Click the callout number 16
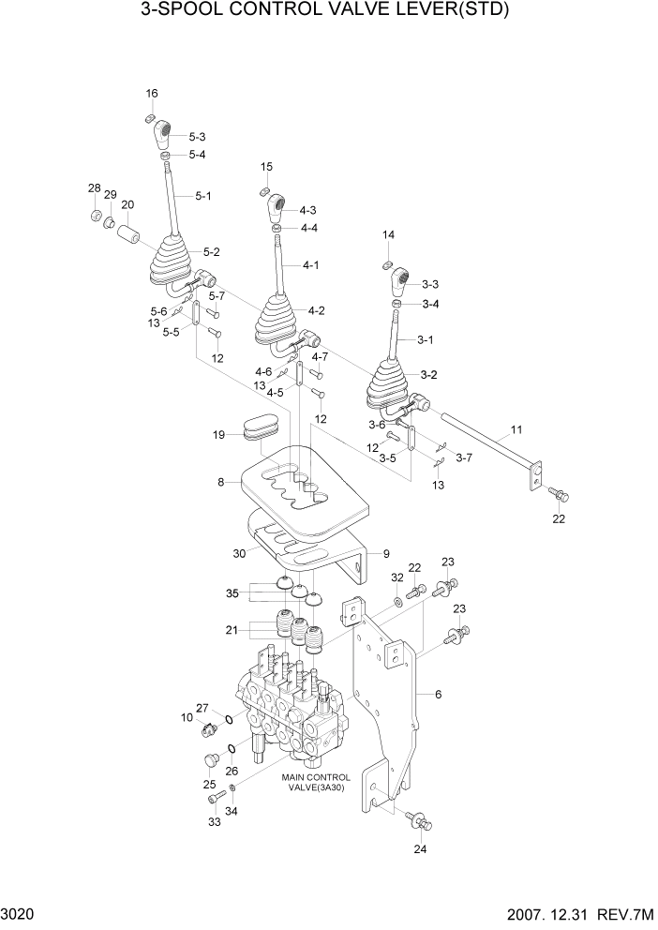152,93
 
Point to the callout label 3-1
426,339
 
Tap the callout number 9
384,553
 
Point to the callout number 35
232,593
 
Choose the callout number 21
232,629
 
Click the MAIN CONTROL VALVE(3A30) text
316,783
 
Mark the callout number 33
214,822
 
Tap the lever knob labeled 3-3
401,278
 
